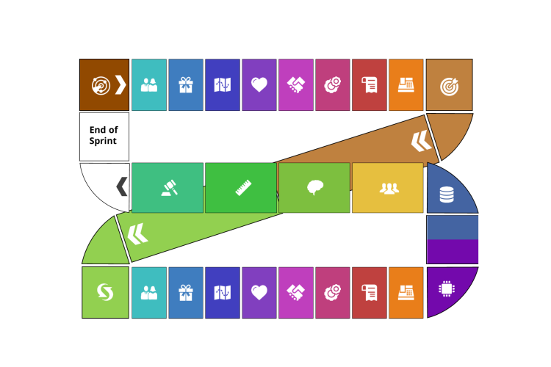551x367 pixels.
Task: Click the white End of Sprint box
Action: point(104,137)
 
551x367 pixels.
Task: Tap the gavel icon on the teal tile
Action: point(168,188)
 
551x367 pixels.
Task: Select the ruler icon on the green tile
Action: point(244,188)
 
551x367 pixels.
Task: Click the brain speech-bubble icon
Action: point(315,188)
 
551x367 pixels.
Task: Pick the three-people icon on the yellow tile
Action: point(389,188)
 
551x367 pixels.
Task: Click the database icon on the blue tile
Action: point(447,195)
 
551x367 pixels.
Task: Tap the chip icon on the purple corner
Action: point(446,288)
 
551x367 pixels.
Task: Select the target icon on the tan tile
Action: point(449,86)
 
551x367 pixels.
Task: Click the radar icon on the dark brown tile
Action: point(101,85)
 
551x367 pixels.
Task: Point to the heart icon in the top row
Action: point(259,85)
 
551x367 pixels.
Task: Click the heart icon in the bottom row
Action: point(259,293)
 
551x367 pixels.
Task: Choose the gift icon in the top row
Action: point(186,85)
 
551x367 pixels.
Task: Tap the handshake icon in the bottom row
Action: point(296,293)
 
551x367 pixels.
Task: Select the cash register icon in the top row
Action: point(406,85)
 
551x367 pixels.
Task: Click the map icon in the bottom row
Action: point(223,293)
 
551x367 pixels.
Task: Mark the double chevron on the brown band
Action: point(421,140)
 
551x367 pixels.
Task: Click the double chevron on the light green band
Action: point(137,235)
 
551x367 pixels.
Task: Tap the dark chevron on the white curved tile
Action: point(122,186)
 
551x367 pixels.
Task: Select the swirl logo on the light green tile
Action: point(105,292)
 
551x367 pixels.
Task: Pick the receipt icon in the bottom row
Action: point(370,293)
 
